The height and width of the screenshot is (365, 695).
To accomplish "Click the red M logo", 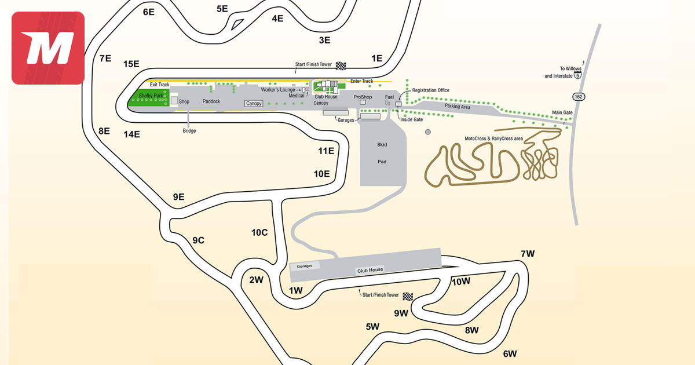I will click(48, 48).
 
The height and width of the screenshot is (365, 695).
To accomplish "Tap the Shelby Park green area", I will click(148, 98).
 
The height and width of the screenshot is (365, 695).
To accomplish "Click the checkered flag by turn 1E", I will click(341, 65).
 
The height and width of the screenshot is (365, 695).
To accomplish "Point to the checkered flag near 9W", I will click(408, 296).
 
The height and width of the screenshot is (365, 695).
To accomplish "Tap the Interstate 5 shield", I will click(577, 75).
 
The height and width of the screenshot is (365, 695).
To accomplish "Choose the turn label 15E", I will click(131, 64).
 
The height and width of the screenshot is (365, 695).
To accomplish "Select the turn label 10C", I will click(259, 232).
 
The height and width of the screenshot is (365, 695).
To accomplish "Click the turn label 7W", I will click(528, 254).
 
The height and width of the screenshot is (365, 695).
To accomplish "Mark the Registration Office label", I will click(431, 90).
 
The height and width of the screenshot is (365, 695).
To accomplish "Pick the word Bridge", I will click(189, 131).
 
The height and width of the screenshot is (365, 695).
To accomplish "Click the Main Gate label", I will click(562, 113).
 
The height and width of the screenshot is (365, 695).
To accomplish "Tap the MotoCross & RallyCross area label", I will click(494, 138).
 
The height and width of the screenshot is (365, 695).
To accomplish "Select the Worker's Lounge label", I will click(277, 90).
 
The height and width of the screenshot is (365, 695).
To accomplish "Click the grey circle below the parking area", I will click(428, 132).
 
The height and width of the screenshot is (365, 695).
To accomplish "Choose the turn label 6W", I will click(510, 353).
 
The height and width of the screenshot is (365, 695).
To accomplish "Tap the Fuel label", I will click(389, 97).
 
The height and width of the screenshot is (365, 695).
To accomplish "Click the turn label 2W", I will click(256, 280).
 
